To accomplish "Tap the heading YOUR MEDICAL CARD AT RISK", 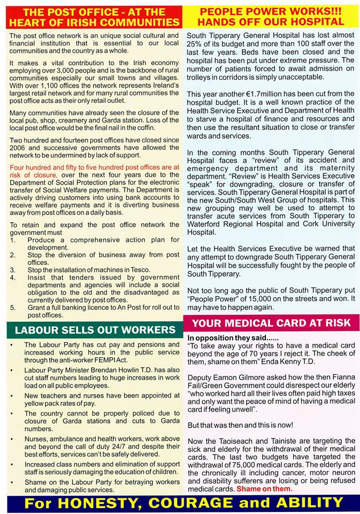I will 271,323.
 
